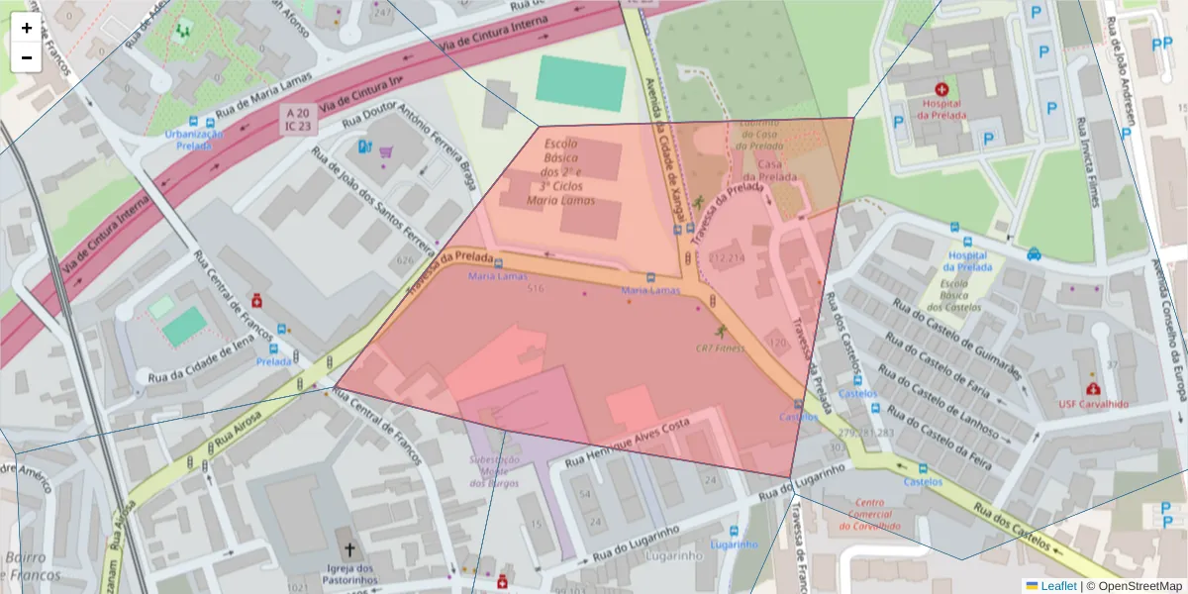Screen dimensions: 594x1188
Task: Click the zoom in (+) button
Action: pos(27,28)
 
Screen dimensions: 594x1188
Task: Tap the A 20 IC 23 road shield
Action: pos(296,119)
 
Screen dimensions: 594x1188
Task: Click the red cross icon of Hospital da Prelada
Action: pos(940,89)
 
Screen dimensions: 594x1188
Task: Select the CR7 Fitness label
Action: pos(720,347)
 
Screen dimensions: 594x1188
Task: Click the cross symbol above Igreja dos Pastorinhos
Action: pos(349,549)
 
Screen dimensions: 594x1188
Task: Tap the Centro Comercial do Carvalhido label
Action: pos(869,514)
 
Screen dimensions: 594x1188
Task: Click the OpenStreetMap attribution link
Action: pos(1136,586)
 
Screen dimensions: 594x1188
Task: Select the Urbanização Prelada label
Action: pos(194,139)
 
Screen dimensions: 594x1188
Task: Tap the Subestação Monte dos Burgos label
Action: pos(494,471)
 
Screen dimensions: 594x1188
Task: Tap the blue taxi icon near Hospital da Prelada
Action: pos(1034,253)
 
